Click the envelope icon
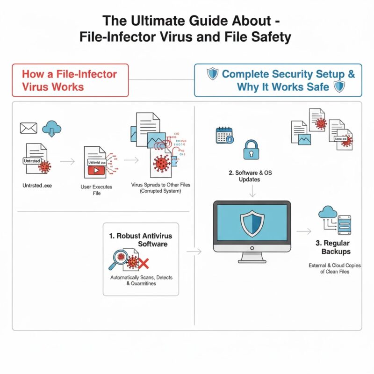pyautogui.click(x=28, y=128)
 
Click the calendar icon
pyautogui.click(x=224, y=135)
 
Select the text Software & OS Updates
pyautogui.click(x=252, y=176)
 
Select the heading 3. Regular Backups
pyautogui.click(x=336, y=248)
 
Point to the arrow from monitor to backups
pyautogui.click(x=304, y=231)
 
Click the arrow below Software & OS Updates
pyautogui.click(x=252, y=190)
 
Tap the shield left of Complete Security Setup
pyautogui.click(x=213, y=73)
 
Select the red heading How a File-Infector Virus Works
pyautogui.click(x=70, y=80)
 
